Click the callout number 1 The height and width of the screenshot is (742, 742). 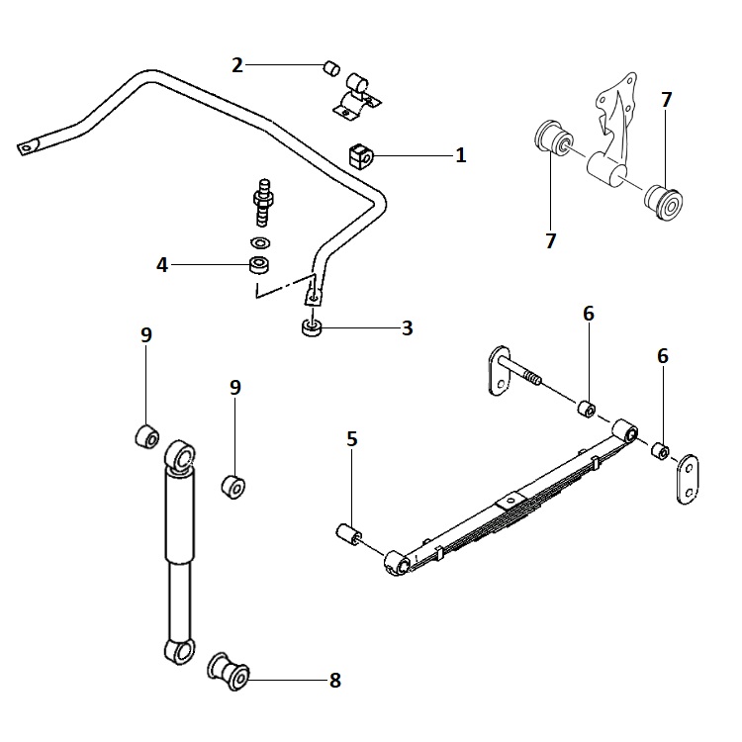pyautogui.click(x=460, y=155)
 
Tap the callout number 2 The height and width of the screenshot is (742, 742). pyautogui.click(x=237, y=66)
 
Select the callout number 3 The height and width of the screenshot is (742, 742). pyautogui.click(x=407, y=327)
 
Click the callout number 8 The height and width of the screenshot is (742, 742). pyautogui.click(x=334, y=680)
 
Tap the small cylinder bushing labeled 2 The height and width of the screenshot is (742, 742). pyautogui.click(x=332, y=69)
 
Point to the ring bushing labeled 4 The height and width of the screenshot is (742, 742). pyautogui.click(x=259, y=265)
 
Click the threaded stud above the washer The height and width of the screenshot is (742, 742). pyautogui.click(x=264, y=200)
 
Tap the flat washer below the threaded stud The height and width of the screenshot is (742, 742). pyautogui.click(x=261, y=242)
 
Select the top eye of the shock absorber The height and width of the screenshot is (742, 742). pyautogui.click(x=182, y=456)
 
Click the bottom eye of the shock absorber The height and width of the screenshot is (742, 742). pyautogui.click(x=177, y=651)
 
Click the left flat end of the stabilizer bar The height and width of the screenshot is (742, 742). pyautogui.click(x=29, y=145)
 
